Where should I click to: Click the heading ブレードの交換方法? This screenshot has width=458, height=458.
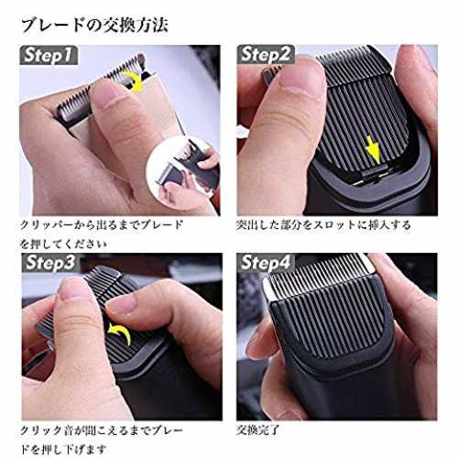click(94, 26)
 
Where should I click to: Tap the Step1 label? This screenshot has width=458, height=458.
click(49, 55)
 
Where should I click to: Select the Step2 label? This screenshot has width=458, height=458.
click(266, 55)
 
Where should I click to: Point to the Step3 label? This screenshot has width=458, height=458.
click(50, 263)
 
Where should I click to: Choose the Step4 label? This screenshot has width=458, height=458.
click(266, 263)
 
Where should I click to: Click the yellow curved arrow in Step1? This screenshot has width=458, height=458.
click(136, 81)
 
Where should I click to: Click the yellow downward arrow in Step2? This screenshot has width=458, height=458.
click(373, 149)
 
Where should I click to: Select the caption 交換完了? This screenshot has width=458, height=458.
click(257, 430)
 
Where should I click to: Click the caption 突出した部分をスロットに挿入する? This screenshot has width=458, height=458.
click(323, 225)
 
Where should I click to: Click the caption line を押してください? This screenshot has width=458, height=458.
click(63, 244)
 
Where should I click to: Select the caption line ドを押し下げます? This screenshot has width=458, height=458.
click(63, 450)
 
